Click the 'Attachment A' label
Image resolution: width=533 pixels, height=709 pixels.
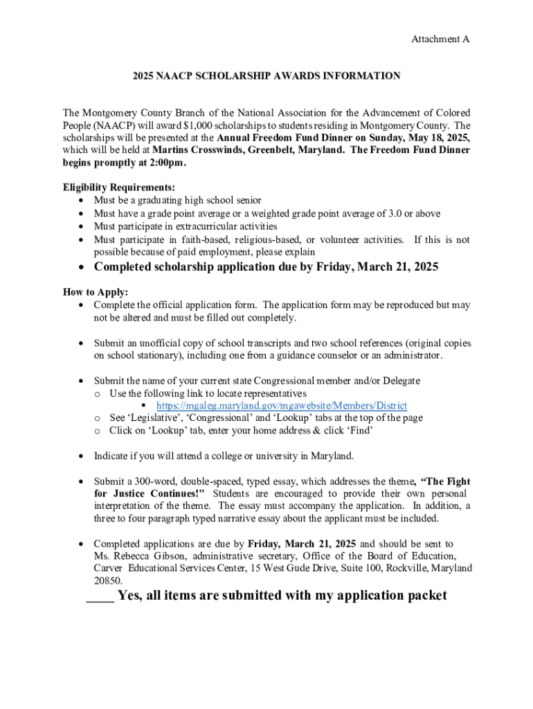coord(440,39)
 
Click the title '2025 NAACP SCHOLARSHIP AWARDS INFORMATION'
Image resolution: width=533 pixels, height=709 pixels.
coord(266,76)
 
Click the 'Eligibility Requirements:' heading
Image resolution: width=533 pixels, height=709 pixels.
coord(118,188)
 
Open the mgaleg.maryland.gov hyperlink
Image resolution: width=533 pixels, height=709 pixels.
coord(281,406)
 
